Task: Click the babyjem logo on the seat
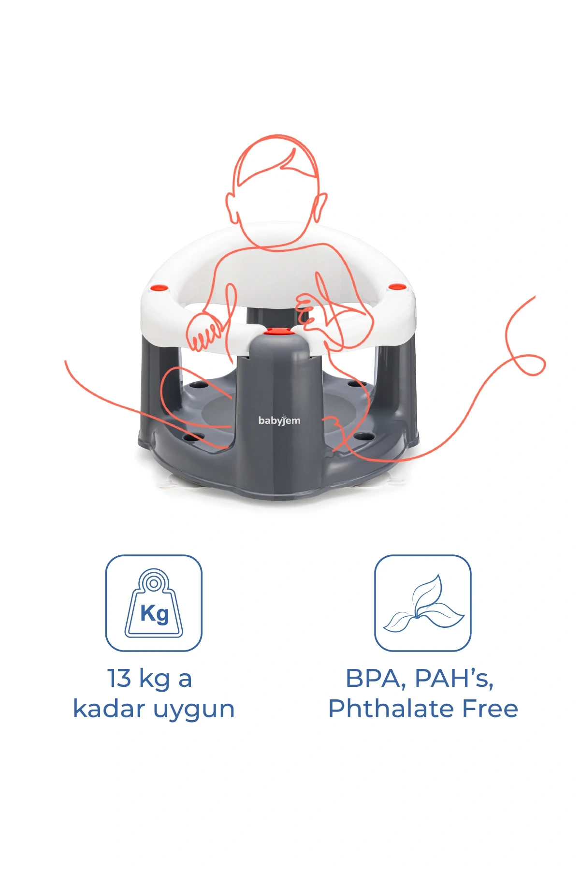[x=279, y=420]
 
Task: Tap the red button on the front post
[x=276, y=332]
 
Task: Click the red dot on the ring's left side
[x=159, y=288]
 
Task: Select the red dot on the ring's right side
[x=396, y=287]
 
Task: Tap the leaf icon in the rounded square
[x=423, y=605]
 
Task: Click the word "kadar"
[x=109, y=709]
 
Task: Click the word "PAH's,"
[x=454, y=679]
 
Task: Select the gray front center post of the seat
[x=279, y=416]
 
